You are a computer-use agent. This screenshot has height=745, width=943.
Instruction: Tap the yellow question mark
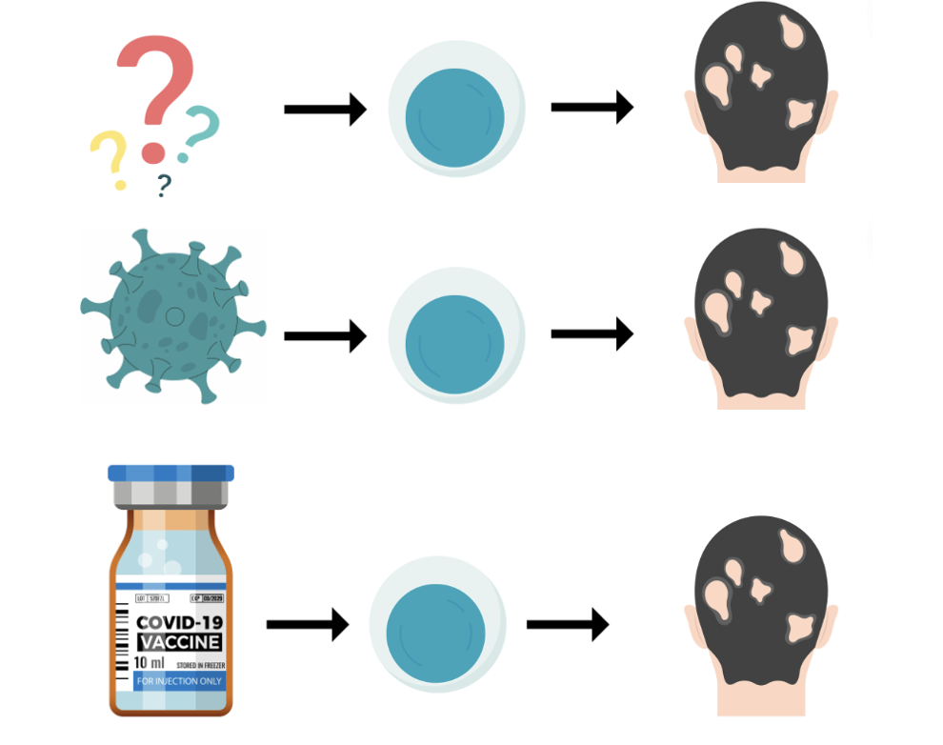pos(110,157)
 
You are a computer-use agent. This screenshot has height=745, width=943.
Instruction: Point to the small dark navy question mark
pos(165,184)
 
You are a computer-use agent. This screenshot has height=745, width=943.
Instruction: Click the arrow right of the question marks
pos(325,110)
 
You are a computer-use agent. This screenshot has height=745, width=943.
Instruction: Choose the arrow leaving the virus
pos(325,335)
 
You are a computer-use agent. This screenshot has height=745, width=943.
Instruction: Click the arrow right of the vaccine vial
pos(307,625)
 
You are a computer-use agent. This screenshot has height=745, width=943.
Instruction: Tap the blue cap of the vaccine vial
pos(171,473)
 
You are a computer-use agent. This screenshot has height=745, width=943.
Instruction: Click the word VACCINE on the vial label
pos(179,642)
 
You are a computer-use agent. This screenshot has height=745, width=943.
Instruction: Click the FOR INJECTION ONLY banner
pos(178,682)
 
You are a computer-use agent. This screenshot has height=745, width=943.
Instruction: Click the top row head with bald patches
pos(760,95)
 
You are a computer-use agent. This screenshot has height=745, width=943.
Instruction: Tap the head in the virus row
pos(760,319)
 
